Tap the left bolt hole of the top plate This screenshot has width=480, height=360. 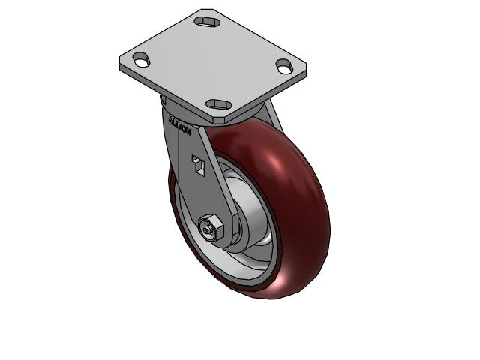(x=141, y=59)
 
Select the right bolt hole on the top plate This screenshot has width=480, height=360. (x=284, y=66)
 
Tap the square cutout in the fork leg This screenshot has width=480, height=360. (x=199, y=164)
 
